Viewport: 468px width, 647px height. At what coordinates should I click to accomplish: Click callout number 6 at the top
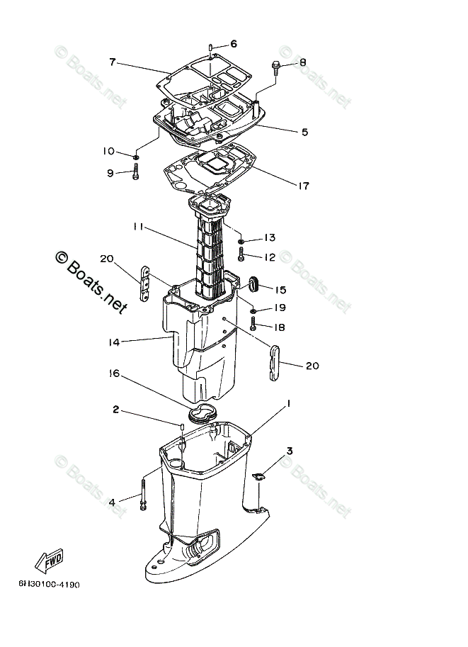[x=233, y=43]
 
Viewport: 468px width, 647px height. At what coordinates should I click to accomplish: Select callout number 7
[x=112, y=62]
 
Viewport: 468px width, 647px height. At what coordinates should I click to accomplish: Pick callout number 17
[x=303, y=186]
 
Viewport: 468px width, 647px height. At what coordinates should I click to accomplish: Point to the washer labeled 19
[x=253, y=310]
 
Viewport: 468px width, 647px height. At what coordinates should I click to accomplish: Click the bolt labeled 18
[x=253, y=326]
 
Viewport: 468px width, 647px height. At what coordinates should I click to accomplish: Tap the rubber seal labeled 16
[x=203, y=415]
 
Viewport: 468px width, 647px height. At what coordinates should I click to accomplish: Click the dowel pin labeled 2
[x=181, y=427]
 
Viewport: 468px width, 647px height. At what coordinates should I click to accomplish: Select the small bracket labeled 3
[x=258, y=478]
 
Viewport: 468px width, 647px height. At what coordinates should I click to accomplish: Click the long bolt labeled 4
[x=144, y=493]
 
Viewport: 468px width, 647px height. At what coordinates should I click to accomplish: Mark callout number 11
[x=138, y=227]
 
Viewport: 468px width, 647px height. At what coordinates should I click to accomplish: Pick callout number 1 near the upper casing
[x=289, y=404]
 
